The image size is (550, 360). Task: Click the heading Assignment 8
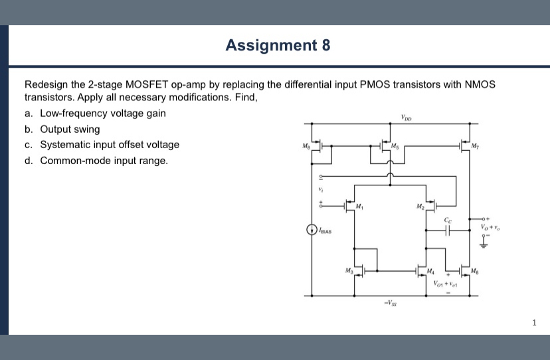pyautogui.click(x=278, y=45)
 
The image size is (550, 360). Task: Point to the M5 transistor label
pyautogui.click(x=395, y=145)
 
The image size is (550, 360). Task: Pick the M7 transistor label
pyautogui.click(x=474, y=145)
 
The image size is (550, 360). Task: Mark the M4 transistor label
pyautogui.click(x=431, y=270)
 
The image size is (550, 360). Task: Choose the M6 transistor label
pyautogui.click(x=473, y=270)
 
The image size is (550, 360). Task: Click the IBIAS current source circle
pyautogui.click(x=311, y=230)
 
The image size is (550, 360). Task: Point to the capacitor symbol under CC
pyautogui.click(x=448, y=230)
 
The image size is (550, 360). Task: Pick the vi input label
pyautogui.click(x=321, y=190)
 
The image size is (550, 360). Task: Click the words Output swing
pyautogui.click(x=70, y=129)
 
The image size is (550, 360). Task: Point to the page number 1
pyautogui.click(x=534, y=323)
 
